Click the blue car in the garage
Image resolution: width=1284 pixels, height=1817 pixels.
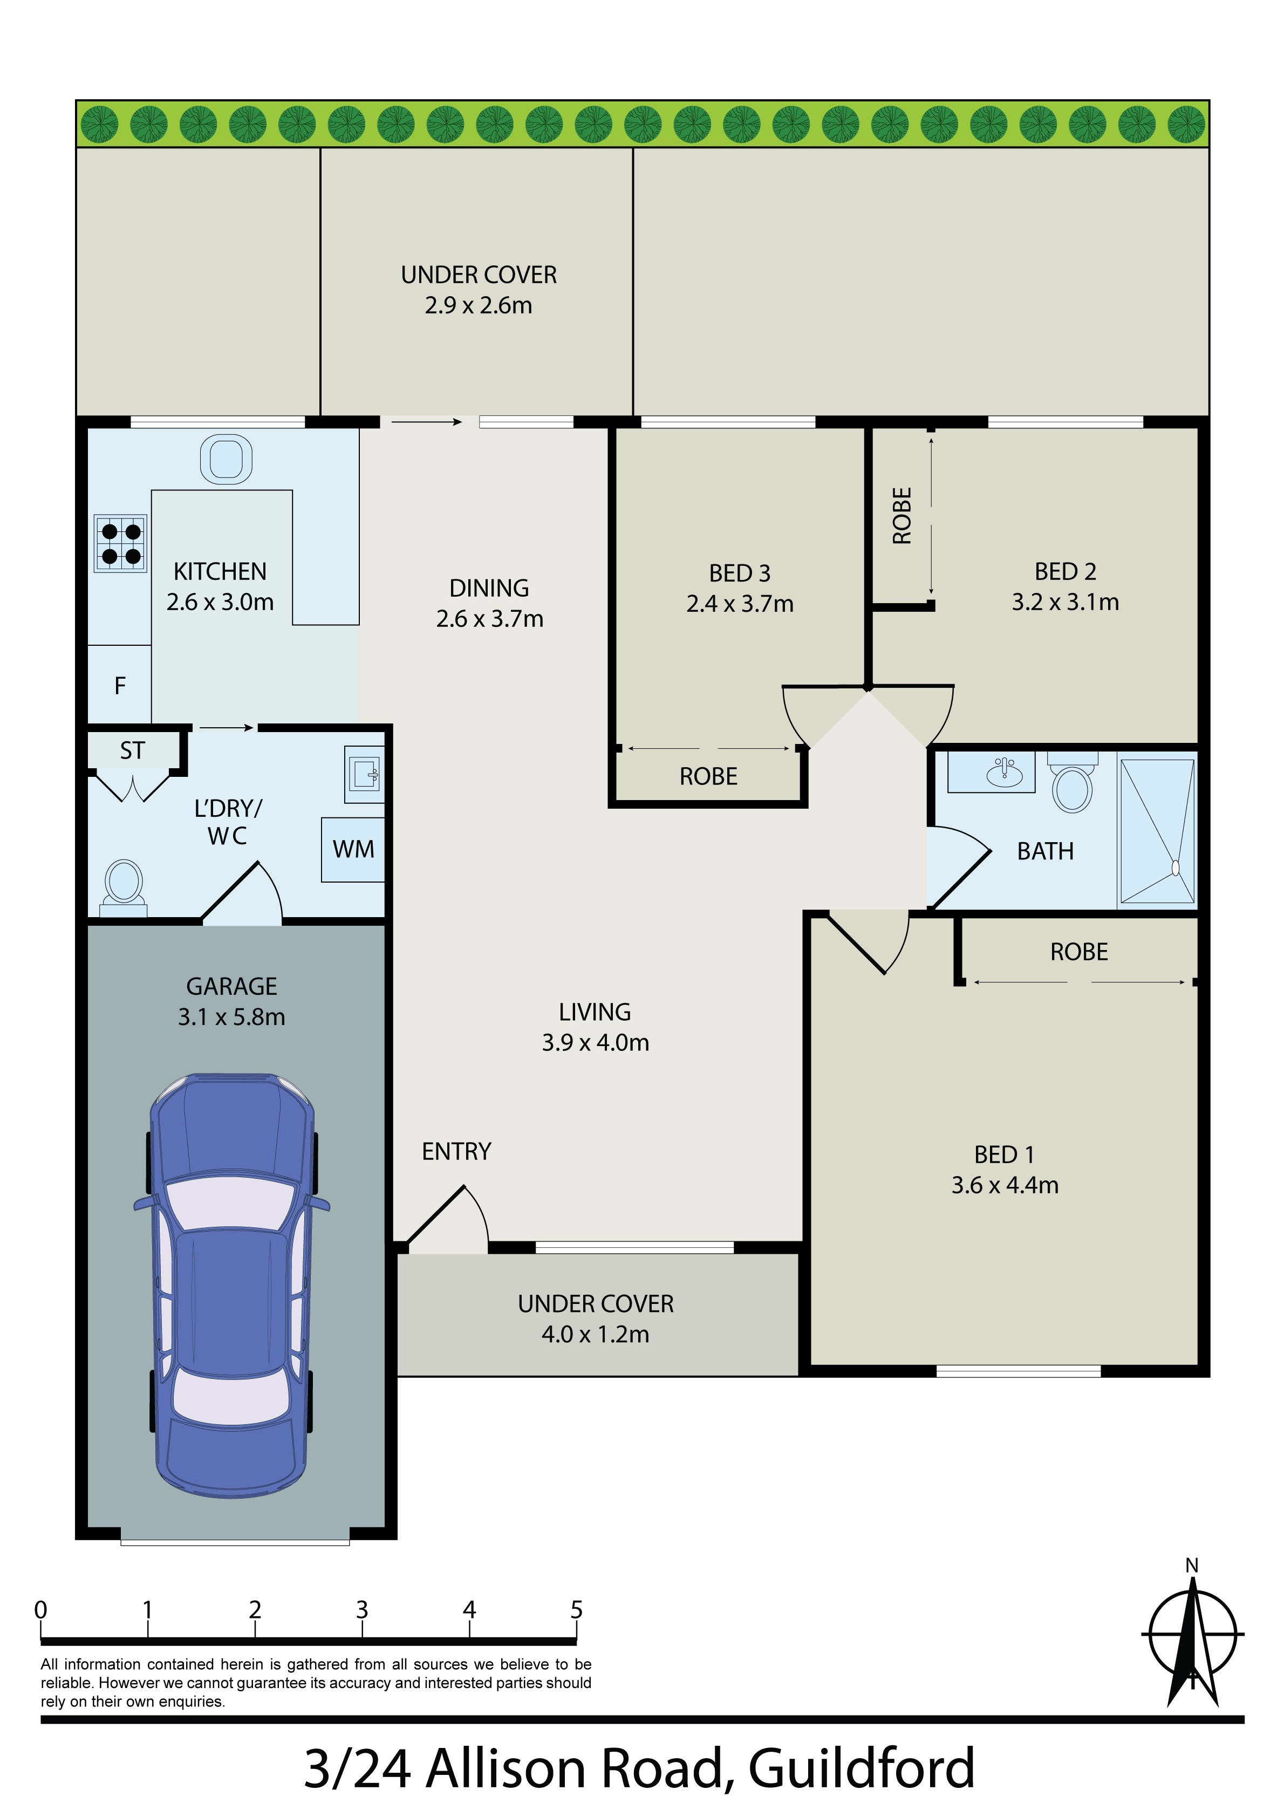(x=231, y=1286)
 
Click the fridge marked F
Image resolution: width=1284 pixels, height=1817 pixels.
(x=120, y=685)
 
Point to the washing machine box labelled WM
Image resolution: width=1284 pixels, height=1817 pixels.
(x=353, y=849)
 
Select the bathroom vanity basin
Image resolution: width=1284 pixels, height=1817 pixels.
(x=1004, y=771)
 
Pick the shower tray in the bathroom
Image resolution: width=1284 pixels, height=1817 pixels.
(x=1157, y=831)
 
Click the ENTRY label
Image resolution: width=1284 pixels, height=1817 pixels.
(x=456, y=1151)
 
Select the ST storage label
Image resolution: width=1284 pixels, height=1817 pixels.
(x=132, y=750)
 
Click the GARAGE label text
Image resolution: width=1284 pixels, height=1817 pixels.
(x=231, y=986)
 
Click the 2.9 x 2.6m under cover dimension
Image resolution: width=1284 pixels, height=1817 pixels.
(x=478, y=305)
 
